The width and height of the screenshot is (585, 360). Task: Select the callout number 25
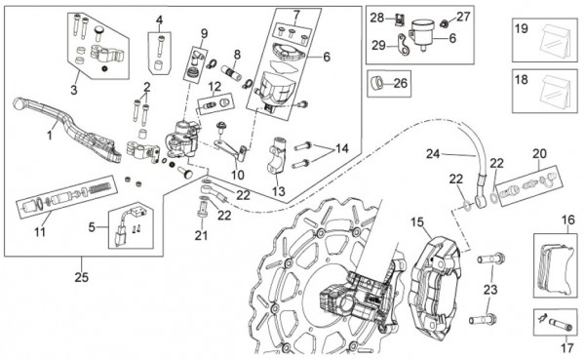pos(81,277)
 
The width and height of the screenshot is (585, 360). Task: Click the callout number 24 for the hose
pos(433,153)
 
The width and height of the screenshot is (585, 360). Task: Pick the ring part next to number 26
pos(376,83)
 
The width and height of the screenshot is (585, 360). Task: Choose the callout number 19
pos(522,28)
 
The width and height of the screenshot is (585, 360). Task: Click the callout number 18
pos(522,80)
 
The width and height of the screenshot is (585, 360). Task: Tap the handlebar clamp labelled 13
pos(277,156)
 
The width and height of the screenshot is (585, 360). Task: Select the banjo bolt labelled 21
pos(202,211)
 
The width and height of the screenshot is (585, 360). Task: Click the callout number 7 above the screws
pos(296,15)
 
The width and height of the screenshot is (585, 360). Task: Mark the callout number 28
pos(376,18)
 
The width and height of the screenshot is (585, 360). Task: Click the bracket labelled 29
pos(403,44)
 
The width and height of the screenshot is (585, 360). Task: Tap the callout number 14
pos(342,148)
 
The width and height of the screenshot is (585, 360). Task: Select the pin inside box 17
pos(558,321)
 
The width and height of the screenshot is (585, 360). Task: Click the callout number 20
pos(539,153)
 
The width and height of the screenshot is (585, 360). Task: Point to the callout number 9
pos(204,33)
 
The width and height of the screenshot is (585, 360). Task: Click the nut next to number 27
pos(444,23)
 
